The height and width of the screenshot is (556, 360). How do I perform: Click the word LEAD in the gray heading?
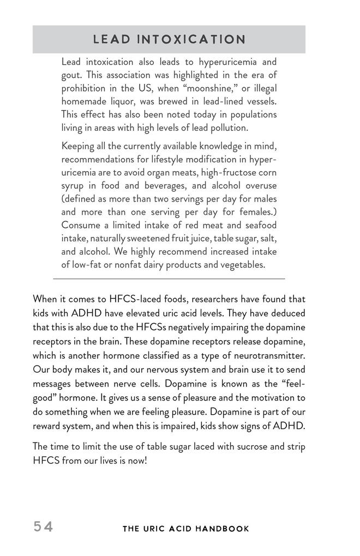tap(112, 40)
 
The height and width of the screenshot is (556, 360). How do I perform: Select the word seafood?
tap(259, 225)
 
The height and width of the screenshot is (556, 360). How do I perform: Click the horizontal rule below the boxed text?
tap(169, 279)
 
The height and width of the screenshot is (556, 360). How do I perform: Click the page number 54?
tap(43, 527)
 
